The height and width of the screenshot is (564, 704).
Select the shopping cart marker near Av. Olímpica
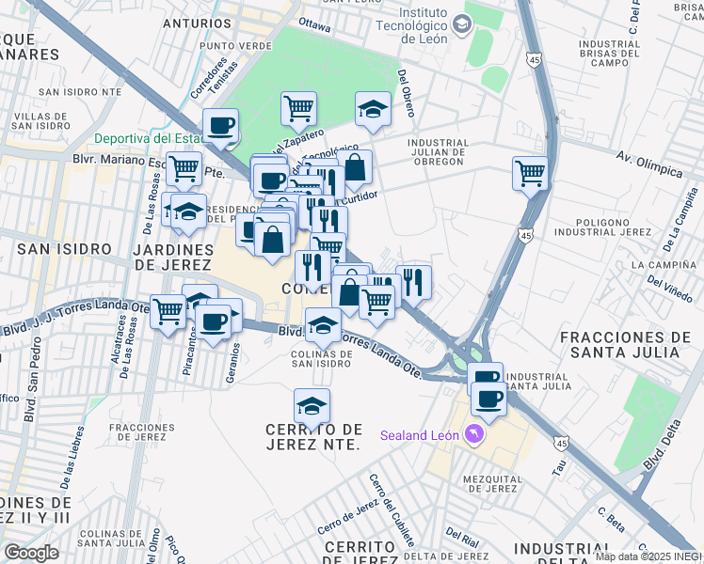[x=530, y=174]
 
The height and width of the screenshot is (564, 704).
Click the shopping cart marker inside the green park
[x=298, y=108]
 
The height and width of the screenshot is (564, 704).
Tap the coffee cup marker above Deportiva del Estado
[x=221, y=125]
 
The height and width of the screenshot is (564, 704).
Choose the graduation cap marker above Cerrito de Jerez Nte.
[x=312, y=406]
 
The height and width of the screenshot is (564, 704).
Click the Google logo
[x=31, y=552]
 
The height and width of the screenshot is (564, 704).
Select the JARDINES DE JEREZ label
[x=173, y=257]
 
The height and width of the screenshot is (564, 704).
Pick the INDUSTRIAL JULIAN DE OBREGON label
[x=437, y=152]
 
